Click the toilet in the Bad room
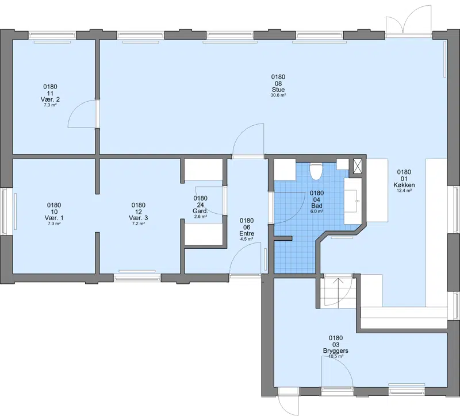tap(316, 171)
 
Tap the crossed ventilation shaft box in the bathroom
tap(357, 166)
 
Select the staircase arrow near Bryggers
tap(339, 292)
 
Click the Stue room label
tap(278, 90)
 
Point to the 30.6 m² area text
tap(278, 95)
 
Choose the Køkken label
tap(404, 185)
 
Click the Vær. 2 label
tap(50, 99)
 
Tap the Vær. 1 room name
tap(54, 218)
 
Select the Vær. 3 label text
tap(139, 218)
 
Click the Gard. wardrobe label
tap(200, 211)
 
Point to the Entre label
tap(247, 234)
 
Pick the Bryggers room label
tap(336, 351)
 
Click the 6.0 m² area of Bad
tap(317, 211)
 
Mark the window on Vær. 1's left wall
tap(5, 211)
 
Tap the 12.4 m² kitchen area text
tap(404, 191)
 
